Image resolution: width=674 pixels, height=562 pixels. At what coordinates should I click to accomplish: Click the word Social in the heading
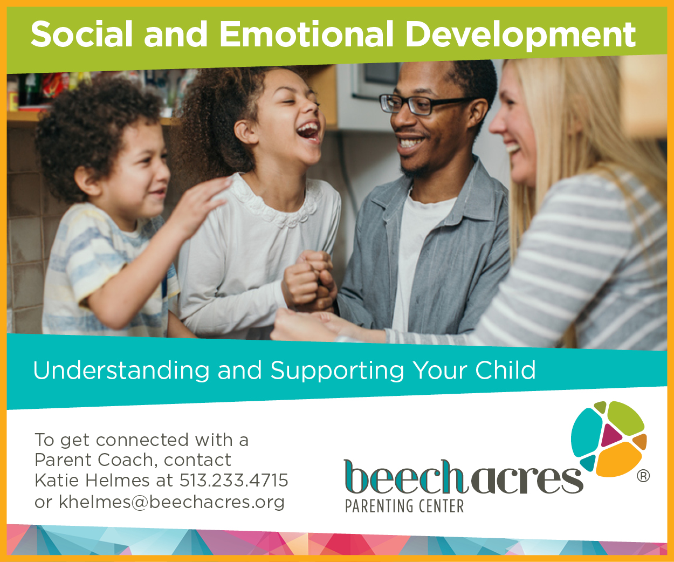[x=81, y=35]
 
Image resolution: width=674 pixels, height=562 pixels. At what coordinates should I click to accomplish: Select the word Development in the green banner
[x=520, y=36]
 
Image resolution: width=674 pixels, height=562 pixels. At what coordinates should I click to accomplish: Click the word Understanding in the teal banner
[x=121, y=371]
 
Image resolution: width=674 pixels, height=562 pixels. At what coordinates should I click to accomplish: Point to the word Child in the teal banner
[x=505, y=370]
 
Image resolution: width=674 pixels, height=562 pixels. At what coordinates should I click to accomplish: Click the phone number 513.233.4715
[x=233, y=480]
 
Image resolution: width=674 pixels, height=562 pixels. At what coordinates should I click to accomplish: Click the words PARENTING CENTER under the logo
[x=404, y=506]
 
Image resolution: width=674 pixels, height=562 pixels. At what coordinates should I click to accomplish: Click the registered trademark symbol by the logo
[x=643, y=476]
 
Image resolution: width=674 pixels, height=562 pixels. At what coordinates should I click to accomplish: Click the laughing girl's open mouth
[x=308, y=131]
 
